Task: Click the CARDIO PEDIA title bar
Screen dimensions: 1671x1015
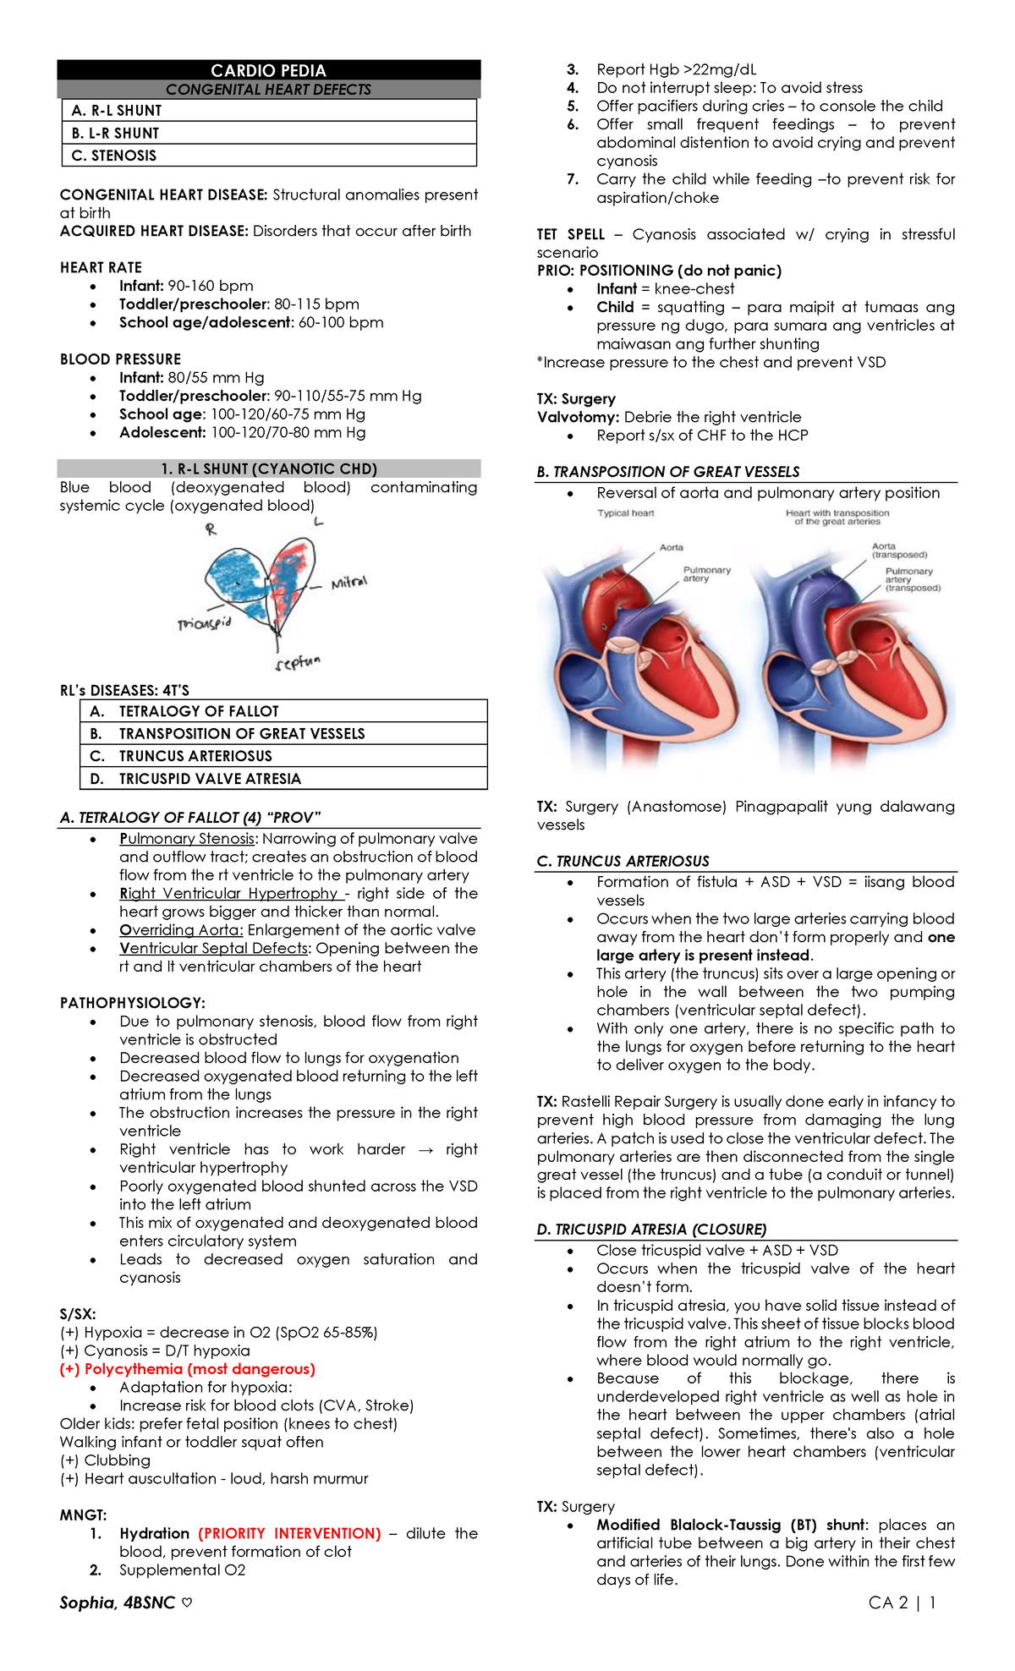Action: (268, 70)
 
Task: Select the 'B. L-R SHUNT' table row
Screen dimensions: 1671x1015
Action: (269, 133)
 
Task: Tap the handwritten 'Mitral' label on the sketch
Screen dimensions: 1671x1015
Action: (348, 583)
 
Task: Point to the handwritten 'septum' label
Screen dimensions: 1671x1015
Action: (298, 663)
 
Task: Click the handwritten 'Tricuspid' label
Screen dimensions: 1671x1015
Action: (204, 623)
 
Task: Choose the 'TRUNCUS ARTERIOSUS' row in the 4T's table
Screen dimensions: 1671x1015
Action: (283, 756)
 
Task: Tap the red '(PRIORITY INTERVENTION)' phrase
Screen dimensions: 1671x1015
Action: (289, 1533)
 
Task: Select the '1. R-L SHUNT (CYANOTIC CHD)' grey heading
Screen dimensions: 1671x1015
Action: (269, 468)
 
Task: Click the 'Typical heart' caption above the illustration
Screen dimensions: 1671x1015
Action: (625, 513)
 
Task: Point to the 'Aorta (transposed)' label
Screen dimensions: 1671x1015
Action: (899, 551)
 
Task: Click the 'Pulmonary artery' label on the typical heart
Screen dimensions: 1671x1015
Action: (706, 574)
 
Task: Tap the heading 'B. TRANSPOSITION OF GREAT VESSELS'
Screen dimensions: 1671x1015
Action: (667, 472)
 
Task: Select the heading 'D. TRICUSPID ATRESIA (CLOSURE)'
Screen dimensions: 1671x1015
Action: (651, 1229)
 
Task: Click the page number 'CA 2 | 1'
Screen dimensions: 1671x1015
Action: (902, 1603)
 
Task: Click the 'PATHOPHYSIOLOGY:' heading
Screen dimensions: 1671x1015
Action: (132, 1003)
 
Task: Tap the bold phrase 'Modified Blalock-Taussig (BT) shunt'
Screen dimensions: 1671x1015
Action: (732, 1525)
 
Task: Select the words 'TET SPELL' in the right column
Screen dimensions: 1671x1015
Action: (571, 234)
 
